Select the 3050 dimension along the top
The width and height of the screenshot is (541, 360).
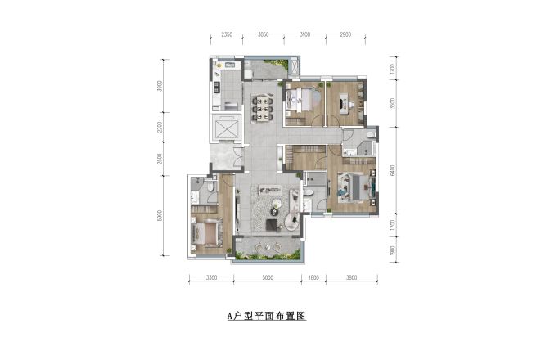pos(264,36)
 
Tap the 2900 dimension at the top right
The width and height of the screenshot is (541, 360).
pos(345,36)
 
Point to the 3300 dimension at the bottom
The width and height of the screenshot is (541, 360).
pos(211,278)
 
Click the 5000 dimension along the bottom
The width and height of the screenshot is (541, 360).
pos(268,278)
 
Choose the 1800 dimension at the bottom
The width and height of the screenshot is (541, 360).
pos(313,278)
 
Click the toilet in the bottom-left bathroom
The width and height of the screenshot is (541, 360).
pos(210,187)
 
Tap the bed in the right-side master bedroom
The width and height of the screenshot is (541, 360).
pos(354,187)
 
